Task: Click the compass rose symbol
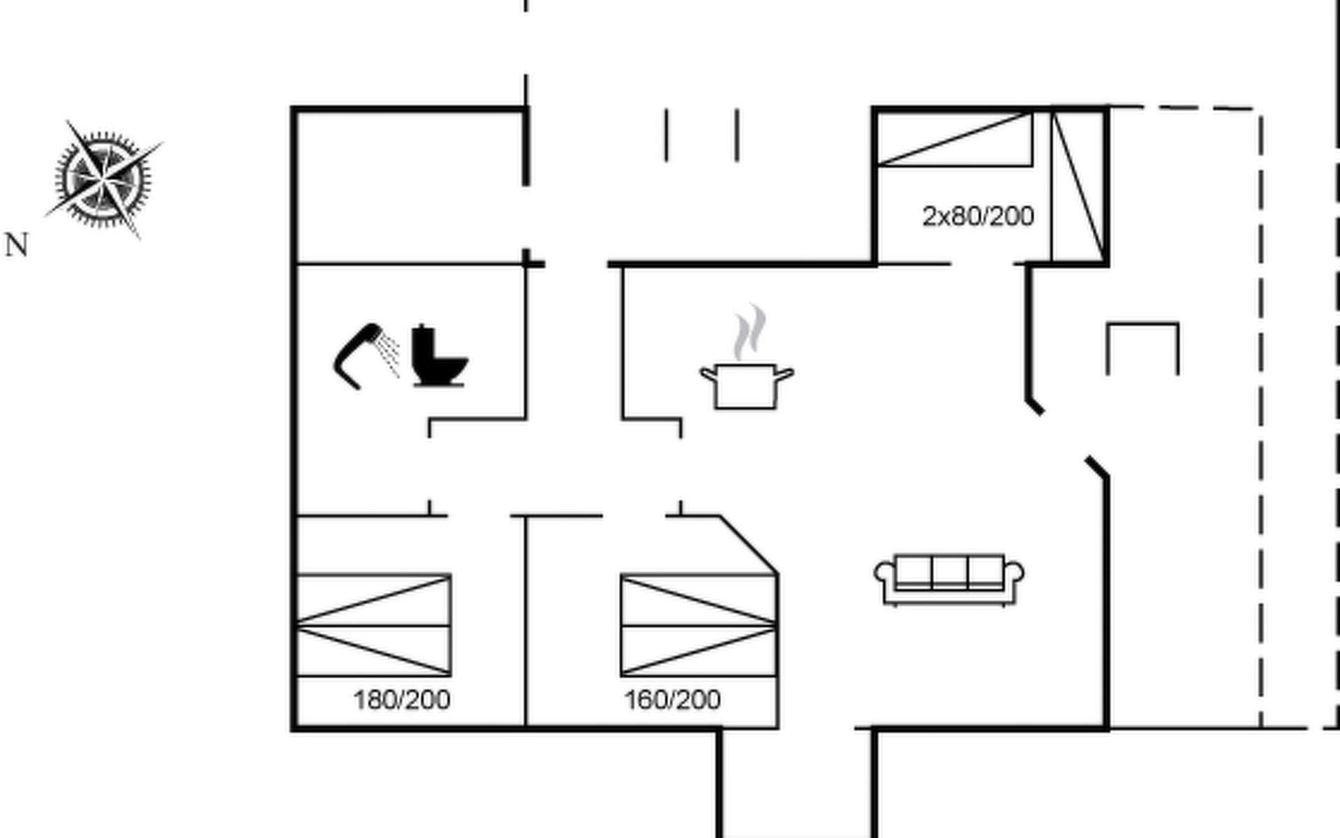pos(103,178)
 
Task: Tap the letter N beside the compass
pos(17,246)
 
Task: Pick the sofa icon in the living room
pos(949,580)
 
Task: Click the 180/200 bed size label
pos(401,700)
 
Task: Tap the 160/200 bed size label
pos(672,700)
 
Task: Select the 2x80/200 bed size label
pos(978,216)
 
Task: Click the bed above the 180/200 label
pos(374,625)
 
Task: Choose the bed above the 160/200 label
pos(699,625)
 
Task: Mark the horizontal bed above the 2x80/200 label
pos(954,139)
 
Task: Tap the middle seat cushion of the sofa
pos(949,571)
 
